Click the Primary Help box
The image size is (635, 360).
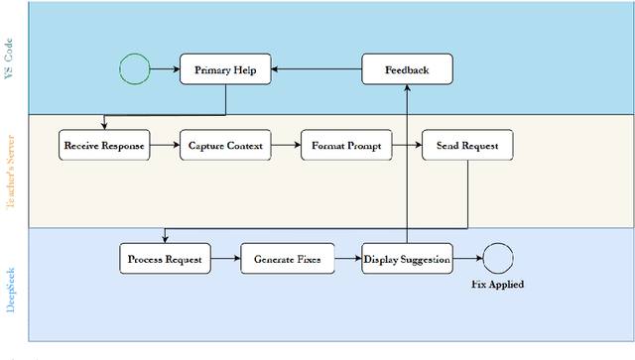tap(225, 69)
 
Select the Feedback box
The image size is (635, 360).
tap(407, 69)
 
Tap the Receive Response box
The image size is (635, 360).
tap(104, 146)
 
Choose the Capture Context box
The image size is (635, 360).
tap(225, 146)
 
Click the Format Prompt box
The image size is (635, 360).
tap(346, 146)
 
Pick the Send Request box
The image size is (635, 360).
tap(467, 146)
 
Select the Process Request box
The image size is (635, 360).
tap(165, 260)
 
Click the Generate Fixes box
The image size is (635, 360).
tap(287, 260)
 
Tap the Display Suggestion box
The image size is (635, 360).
tap(407, 260)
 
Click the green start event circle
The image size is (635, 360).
tap(134, 69)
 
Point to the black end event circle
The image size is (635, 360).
tap(497, 260)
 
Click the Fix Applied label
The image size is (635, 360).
tap(497, 285)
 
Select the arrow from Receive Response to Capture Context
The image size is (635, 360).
tap(165, 146)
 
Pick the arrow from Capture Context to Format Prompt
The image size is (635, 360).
tap(286, 146)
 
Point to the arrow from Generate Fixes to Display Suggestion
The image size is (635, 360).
tap(347, 260)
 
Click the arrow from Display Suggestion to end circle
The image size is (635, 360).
tap(467, 260)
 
